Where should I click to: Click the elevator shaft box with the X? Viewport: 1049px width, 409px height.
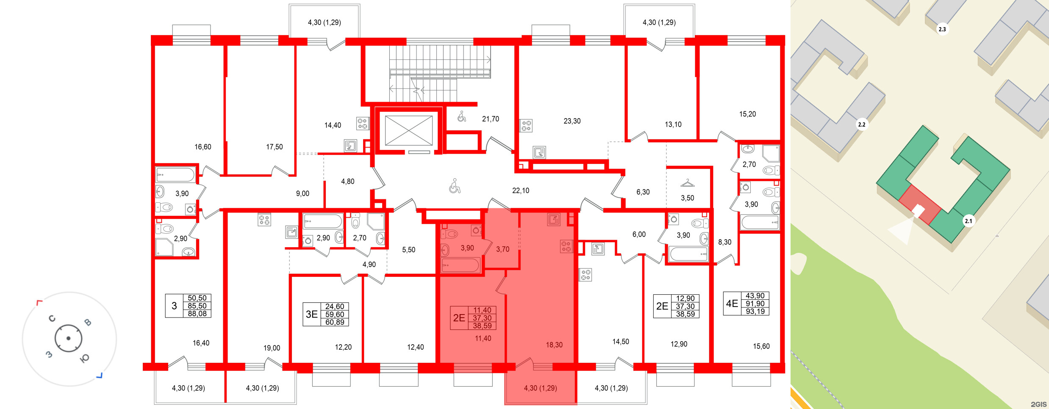click(408, 130)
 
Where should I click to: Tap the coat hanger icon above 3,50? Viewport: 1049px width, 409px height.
click(687, 183)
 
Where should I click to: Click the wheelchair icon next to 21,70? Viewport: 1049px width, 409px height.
click(462, 116)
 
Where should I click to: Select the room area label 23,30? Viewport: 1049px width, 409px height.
click(572, 121)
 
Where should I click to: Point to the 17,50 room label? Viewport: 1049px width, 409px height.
click(274, 147)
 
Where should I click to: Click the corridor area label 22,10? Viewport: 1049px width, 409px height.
click(521, 191)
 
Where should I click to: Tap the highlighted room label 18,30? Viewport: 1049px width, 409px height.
click(554, 345)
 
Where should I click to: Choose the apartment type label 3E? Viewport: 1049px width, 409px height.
click(312, 314)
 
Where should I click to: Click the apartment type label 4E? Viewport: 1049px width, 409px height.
click(732, 304)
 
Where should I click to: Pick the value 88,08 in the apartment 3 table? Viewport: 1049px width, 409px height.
click(197, 314)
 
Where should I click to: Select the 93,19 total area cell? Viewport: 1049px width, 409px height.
click(755, 311)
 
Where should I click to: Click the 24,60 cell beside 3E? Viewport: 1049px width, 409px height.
click(334, 307)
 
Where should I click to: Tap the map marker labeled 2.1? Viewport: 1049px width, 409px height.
click(969, 221)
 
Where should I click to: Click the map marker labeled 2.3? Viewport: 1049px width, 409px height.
click(942, 29)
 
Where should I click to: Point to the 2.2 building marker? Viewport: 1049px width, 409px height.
click(862, 124)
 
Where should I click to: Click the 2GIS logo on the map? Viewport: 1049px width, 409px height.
click(1039, 404)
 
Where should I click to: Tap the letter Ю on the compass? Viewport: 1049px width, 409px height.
click(84, 359)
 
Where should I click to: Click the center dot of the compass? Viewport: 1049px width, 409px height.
click(68, 338)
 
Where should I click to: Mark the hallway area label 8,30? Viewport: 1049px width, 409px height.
click(724, 242)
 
